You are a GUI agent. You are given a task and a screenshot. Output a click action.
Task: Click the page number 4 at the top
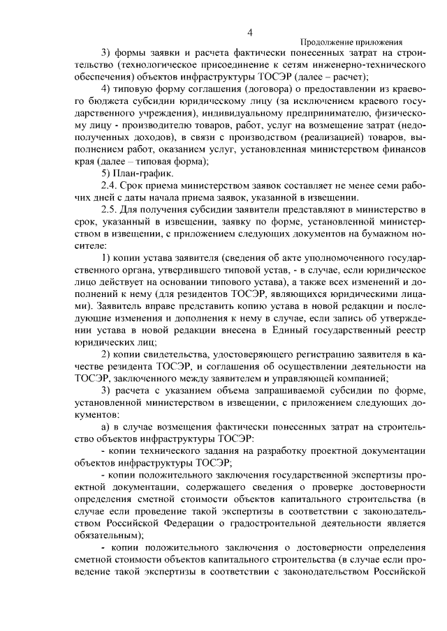[x=249, y=31]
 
